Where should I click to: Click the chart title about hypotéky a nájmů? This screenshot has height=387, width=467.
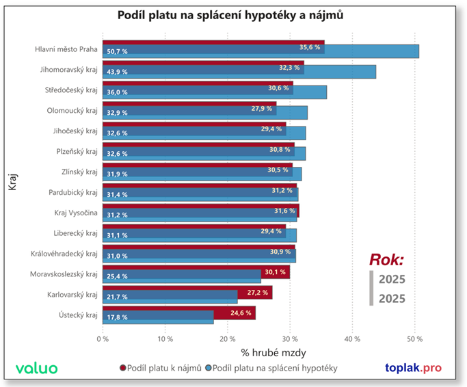pyautogui.click(x=232, y=15)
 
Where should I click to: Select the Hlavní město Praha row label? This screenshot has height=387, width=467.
pyautogui.click(x=66, y=49)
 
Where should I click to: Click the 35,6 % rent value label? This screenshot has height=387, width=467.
pyautogui.click(x=310, y=47)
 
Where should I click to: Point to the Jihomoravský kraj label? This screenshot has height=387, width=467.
pyautogui.click(x=69, y=70)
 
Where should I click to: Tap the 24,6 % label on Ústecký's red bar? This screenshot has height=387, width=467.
pyautogui.click(x=240, y=312)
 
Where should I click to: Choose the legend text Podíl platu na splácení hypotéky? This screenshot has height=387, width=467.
pyautogui.click(x=276, y=369)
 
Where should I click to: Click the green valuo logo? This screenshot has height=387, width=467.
pyautogui.click(x=36, y=369)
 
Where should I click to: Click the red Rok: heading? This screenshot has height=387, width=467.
pyautogui.click(x=386, y=259)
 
